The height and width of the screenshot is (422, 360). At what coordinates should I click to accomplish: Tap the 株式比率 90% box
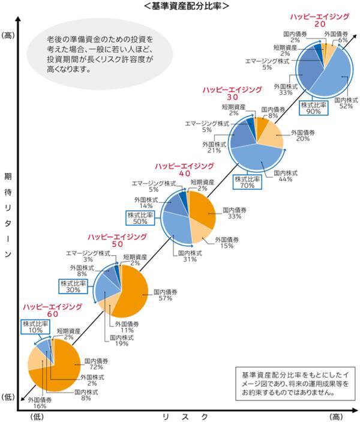click(x=314, y=108)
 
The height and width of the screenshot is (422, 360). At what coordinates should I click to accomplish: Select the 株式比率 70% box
click(x=247, y=182)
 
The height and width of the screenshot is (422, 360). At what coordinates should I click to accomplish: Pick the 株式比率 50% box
click(x=139, y=217)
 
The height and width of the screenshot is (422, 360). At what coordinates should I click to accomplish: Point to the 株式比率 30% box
click(x=73, y=286)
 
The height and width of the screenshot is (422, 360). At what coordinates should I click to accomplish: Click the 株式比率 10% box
click(x=35, y=327)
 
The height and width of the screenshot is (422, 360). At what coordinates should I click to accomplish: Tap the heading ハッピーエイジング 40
click(x=184, y=169)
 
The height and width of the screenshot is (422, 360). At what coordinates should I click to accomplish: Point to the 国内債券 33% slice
click(x=203, y=210)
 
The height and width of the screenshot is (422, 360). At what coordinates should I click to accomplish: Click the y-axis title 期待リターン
click(x=8, y=216)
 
